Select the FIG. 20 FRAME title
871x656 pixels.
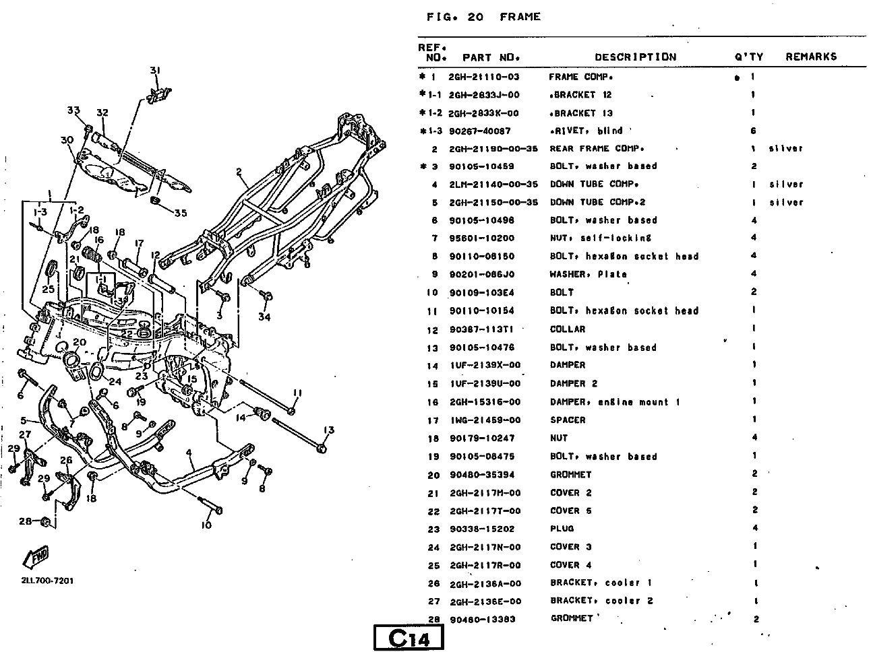pyautogui.click(x=483, y=17)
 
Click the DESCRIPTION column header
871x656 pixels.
pyautogui.click(x=635, y=57)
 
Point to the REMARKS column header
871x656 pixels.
pyautogui.click(x=810, y=57)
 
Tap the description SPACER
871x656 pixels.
pyautogui.click(x=568, y=420)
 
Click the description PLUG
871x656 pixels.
pyautogui.click(x=562, y=529)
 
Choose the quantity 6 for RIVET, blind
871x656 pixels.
pyautogui.click(x=753, y=131)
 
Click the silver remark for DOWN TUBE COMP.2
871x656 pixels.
pyautogui.click(x=786, y=202)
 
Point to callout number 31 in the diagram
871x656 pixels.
pyautogui.click(x=155, y=71)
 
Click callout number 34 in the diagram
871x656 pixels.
pyautogui.click(x=264, y=317)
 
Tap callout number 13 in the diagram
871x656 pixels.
pyautogui.click(x=328, y=430)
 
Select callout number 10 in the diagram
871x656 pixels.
pyautogui.click(x=206, y=525)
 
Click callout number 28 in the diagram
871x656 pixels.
pyautogui.click(x=25, y=521)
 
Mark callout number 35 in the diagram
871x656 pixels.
pyautogui.click(x=180, y=214)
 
